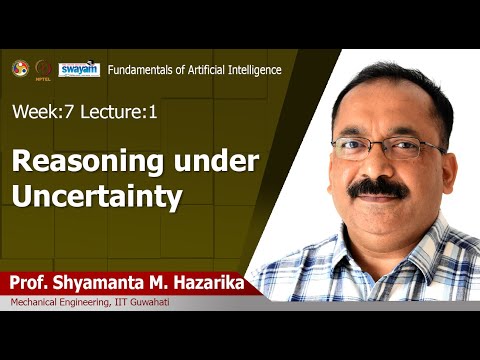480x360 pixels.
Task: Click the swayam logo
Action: pyautogui.click(x=79, y=69)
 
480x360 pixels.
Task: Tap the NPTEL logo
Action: pyautogui.click(x=44, y=69)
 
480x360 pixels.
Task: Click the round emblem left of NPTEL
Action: pyautogui.click(x=20, y=68)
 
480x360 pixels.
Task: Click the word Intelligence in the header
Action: pyautogui.click(x=250, y=69)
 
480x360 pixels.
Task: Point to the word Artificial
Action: pyautogui.click(x=200, y=69)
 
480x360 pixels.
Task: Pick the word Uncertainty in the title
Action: pyautogui.click(x=96, y=195)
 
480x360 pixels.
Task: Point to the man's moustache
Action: pyautogui.click(x=377, y=188)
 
